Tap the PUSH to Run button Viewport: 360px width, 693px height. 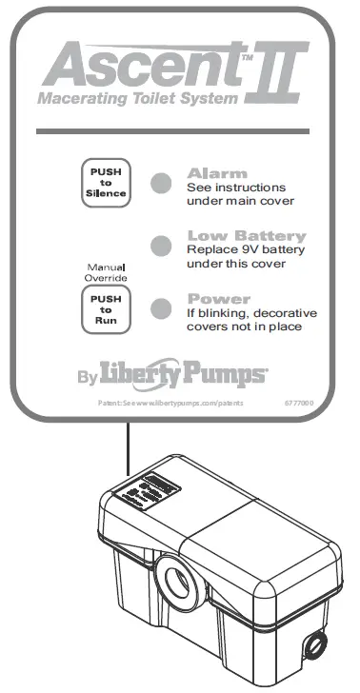coord(107,309)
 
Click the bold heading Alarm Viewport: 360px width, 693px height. coord(217,173)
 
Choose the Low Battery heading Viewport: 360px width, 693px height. coord(247,235)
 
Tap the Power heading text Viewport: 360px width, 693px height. coord(219,298)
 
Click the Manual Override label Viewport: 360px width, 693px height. coord(106,274)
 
